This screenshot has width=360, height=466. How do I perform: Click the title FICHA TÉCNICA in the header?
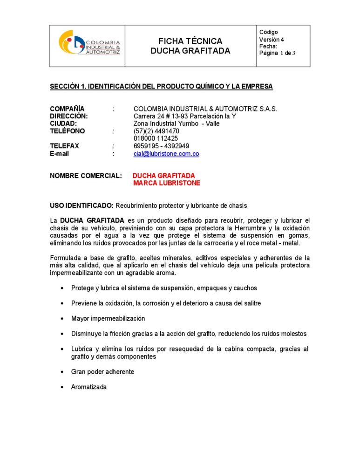[x=190, y=41]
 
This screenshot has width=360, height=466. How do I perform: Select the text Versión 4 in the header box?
[x=272, y=40]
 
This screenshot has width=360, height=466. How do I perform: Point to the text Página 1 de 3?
[x=277, y=53]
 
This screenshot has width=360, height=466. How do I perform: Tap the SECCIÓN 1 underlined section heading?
[x=161, y=87]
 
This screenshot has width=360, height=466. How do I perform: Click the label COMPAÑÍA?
[x=67, y=109]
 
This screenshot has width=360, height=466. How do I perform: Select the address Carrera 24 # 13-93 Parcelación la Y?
[x=185, y=116]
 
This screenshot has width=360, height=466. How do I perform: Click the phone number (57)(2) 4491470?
[x=156, y=131]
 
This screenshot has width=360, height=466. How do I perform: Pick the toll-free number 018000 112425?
[x=156, y=138]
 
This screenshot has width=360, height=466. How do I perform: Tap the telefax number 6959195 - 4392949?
[x=161, y=146]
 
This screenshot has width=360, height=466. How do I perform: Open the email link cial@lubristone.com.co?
[x=166, y=154]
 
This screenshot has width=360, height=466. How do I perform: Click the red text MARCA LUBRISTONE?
[x=166, y=183]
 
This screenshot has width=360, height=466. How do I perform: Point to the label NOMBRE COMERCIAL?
[x=86, y=176]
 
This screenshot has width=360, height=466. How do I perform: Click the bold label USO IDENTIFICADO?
[x=82, y=206]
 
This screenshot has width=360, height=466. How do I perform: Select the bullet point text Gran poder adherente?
[x=102, y=372]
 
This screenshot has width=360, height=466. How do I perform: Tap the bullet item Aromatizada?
[x=88, y=387]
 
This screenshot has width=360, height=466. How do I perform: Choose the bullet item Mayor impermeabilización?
[x=108, y=319]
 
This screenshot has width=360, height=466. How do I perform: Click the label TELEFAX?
[x=64, y=146]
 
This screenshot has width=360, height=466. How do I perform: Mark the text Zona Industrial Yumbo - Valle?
[x=176, y=124]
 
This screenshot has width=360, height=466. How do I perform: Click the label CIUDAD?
[x=63, y=124]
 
